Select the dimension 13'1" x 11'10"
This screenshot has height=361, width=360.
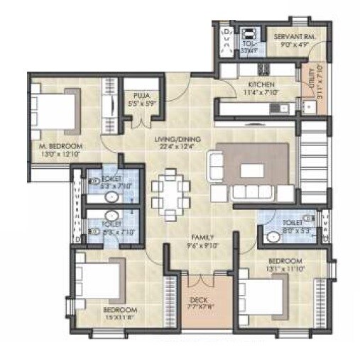(x=290, y=268)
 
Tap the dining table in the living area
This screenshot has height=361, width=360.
(x=170, y=190)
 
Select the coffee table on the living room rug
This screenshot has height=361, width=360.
(x=252, y=171)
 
